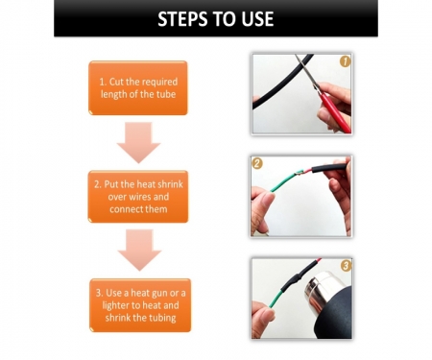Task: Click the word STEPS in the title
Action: (182, 19)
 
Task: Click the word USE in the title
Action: (257, 19)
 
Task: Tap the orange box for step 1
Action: (138, 87)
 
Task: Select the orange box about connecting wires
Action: (138, 197)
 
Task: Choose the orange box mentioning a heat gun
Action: (140, 305)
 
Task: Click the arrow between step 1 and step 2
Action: (138, 142)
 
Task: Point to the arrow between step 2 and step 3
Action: (139, 250)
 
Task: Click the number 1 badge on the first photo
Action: (345, 61)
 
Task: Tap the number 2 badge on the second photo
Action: (257, 163)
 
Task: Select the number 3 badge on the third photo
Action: (346, 265)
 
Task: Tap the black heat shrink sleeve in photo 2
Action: (329, 168)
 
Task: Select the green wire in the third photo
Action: (276, 298)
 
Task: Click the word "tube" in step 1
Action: (166, 94)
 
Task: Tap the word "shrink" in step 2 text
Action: (169, 184)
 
